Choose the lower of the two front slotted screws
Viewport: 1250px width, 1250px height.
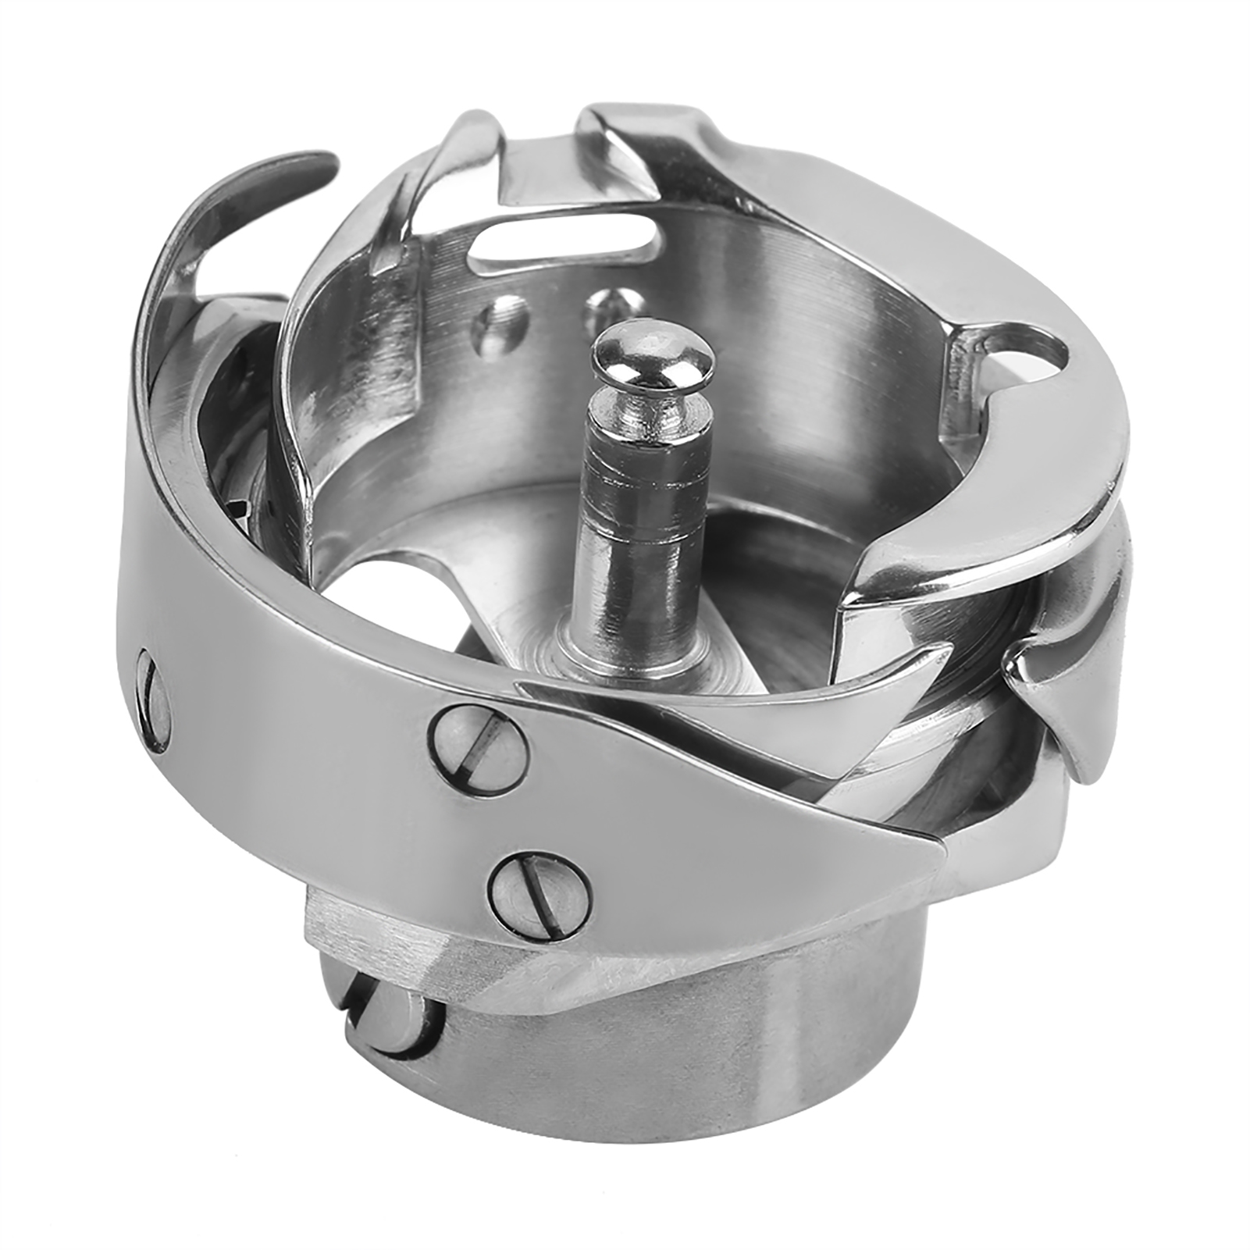539,897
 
